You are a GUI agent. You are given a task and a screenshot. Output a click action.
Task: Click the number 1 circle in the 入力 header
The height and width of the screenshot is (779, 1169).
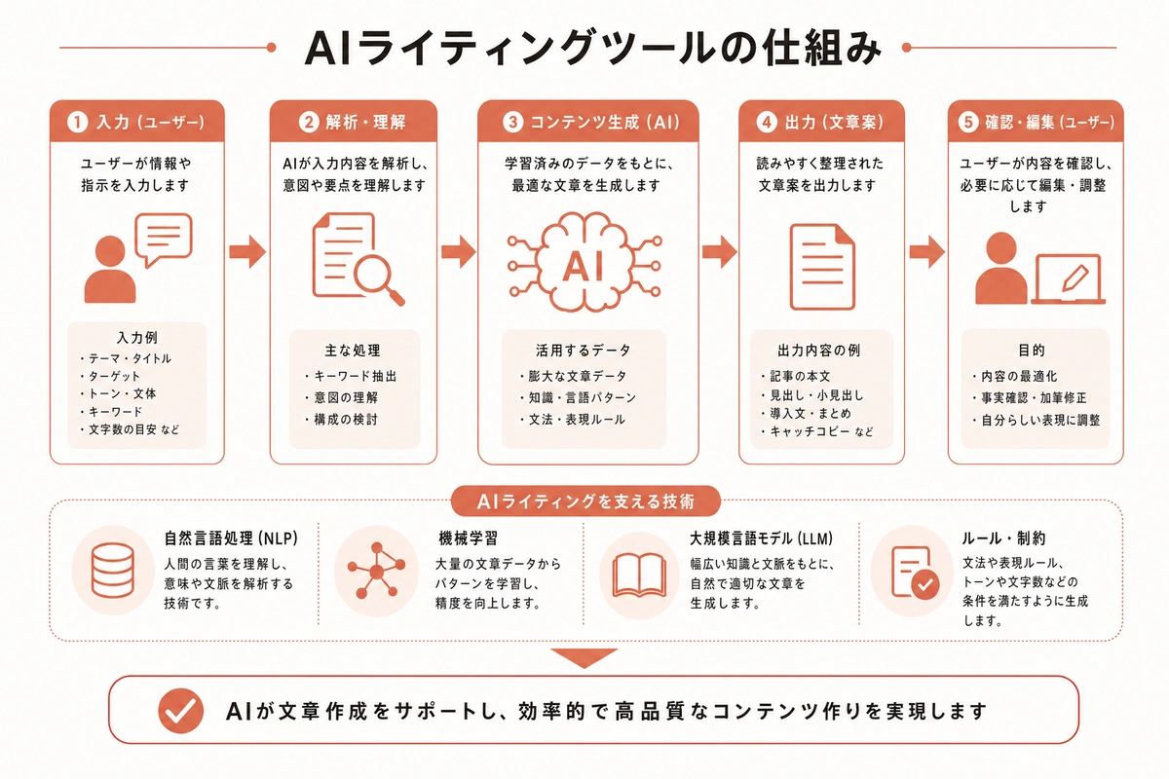point(77,124)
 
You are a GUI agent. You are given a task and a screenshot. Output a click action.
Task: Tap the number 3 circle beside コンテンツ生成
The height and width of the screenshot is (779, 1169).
point(512,124)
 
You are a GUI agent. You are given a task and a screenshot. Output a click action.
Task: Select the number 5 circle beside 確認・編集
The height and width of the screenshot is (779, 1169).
point(967,124)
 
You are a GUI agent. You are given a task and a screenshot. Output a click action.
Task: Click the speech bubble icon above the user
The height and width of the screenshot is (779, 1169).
point(164,240)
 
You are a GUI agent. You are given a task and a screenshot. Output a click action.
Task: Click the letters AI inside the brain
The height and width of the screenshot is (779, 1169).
point(587,265)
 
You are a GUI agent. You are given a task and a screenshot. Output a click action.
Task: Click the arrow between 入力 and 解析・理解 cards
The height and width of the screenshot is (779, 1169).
point(247,253)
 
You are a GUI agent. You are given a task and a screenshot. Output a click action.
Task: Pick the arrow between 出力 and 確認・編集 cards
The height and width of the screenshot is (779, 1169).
point(926,253)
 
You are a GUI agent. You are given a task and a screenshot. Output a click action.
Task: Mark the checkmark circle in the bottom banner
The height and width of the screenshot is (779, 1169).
point(180,711)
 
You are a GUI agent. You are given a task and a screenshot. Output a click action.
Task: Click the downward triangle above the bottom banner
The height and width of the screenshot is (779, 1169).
point(584,658)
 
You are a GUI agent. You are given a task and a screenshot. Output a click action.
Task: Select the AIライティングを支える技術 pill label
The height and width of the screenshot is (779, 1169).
point(585,501)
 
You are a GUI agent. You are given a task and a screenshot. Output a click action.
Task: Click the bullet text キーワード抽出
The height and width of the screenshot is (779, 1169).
point(355,376)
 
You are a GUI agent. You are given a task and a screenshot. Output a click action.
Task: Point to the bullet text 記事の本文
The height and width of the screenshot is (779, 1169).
point(793,376)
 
